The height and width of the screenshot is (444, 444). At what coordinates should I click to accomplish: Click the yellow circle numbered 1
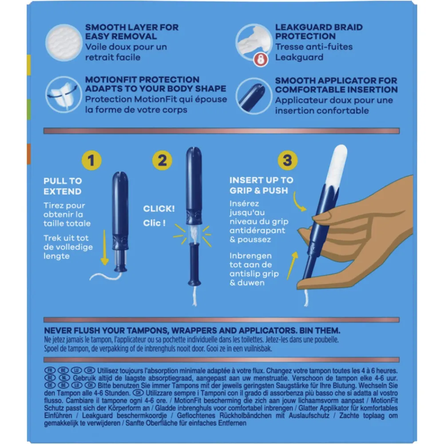91,160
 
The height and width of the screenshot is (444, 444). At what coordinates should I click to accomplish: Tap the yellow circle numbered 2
162,160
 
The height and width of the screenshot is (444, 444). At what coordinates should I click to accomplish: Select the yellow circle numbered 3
287,160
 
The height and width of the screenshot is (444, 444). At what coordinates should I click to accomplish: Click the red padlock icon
261,60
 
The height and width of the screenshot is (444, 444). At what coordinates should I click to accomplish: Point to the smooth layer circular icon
64,43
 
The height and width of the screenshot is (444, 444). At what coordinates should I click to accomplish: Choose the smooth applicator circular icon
254,96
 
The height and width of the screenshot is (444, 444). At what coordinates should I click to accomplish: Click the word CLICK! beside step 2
159,209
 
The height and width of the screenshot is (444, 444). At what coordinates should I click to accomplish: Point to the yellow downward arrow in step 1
104,247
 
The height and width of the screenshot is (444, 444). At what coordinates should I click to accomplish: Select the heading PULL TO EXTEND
63,186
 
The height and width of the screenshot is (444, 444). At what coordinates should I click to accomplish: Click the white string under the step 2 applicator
194,296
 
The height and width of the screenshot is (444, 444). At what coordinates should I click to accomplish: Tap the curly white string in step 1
106,276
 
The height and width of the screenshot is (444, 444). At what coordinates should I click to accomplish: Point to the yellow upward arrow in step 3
292,266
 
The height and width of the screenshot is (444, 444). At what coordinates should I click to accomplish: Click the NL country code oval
64,378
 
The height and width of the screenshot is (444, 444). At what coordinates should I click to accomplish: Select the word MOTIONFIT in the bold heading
115,79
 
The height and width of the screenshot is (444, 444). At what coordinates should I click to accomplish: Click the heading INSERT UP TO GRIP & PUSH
262,185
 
